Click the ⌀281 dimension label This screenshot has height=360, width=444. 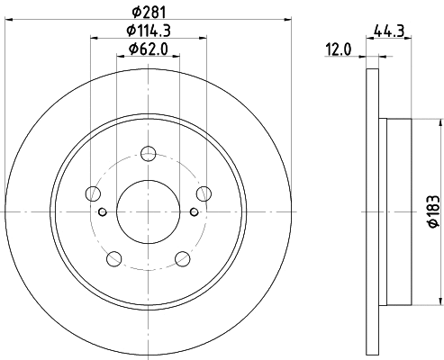point(149,12)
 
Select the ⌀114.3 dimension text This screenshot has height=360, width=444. point(149,31)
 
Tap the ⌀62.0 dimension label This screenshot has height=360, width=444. point(149,49)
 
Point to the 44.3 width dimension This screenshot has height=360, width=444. point(389,31)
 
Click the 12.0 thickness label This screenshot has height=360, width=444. point(339,49)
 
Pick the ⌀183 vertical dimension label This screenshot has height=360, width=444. point(434,211)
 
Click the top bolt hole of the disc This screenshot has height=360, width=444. point(149,153)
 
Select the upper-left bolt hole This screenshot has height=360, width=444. point(93,193)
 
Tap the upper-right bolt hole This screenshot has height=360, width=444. point(204,193)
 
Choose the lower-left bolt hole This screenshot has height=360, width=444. point(114,258)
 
